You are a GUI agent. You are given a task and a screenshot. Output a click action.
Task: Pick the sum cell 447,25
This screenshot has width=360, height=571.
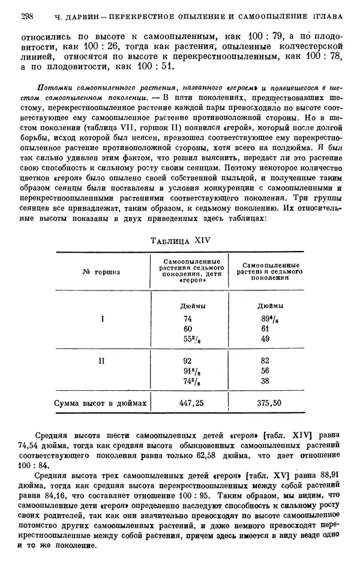[x=192, y=403]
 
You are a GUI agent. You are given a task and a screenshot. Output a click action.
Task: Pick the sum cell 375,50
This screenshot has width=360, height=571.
[x=269, y=403]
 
